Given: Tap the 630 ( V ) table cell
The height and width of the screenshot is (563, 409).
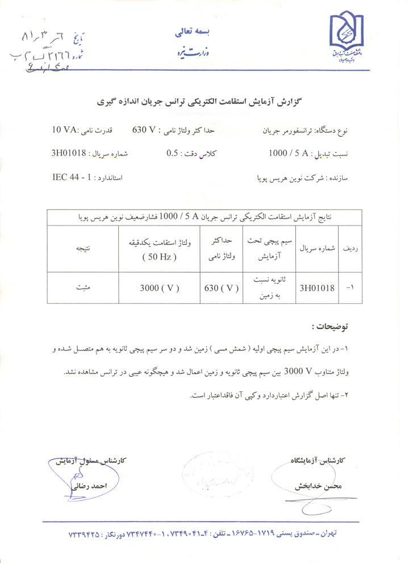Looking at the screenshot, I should (x=220, y=288).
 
